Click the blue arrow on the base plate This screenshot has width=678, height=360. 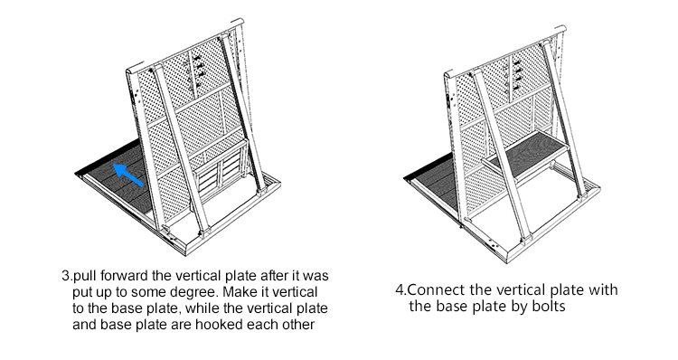128,175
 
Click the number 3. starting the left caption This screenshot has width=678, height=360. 67,276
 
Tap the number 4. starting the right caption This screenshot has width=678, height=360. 401,289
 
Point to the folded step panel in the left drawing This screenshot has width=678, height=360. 221,172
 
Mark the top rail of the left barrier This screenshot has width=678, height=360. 185,45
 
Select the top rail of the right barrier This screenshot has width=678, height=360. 505,52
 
